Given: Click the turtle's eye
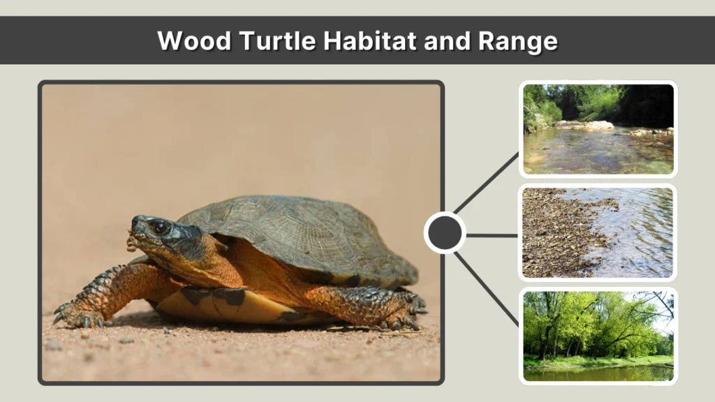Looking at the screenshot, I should (160, 227).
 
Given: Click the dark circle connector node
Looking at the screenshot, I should (445, 233).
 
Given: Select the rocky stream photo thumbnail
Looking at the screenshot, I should (598, 129).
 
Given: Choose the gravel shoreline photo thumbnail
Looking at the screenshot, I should (598, 232).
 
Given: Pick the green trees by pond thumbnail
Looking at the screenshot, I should (598, 336).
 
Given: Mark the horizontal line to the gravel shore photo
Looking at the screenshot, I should (492, 235).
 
